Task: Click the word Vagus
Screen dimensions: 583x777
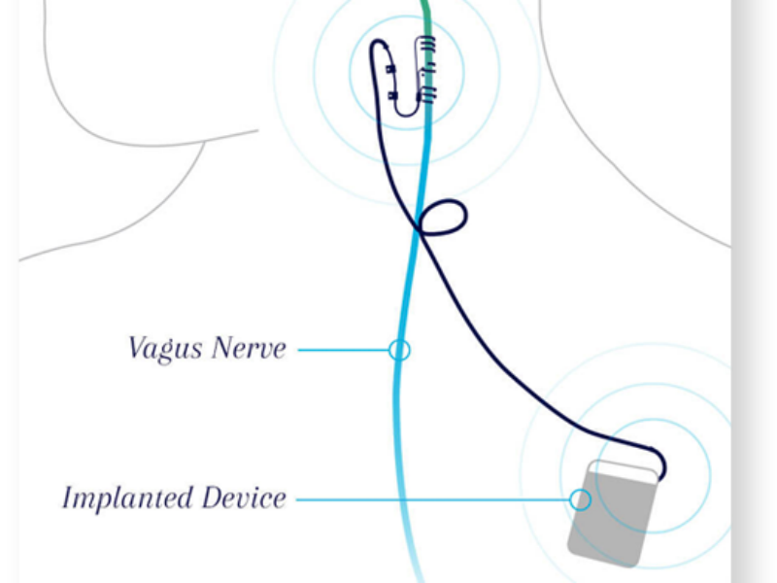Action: point(163,349)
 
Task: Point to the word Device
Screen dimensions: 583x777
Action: point(245,498)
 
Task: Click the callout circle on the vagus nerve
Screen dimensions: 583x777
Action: point(399,349)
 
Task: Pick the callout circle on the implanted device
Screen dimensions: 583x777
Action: point(580,499)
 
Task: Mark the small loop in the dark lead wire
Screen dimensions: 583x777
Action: point(449,216)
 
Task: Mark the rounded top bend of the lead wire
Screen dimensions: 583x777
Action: point(379,43)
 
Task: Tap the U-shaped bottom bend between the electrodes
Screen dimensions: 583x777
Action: point(409,113)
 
